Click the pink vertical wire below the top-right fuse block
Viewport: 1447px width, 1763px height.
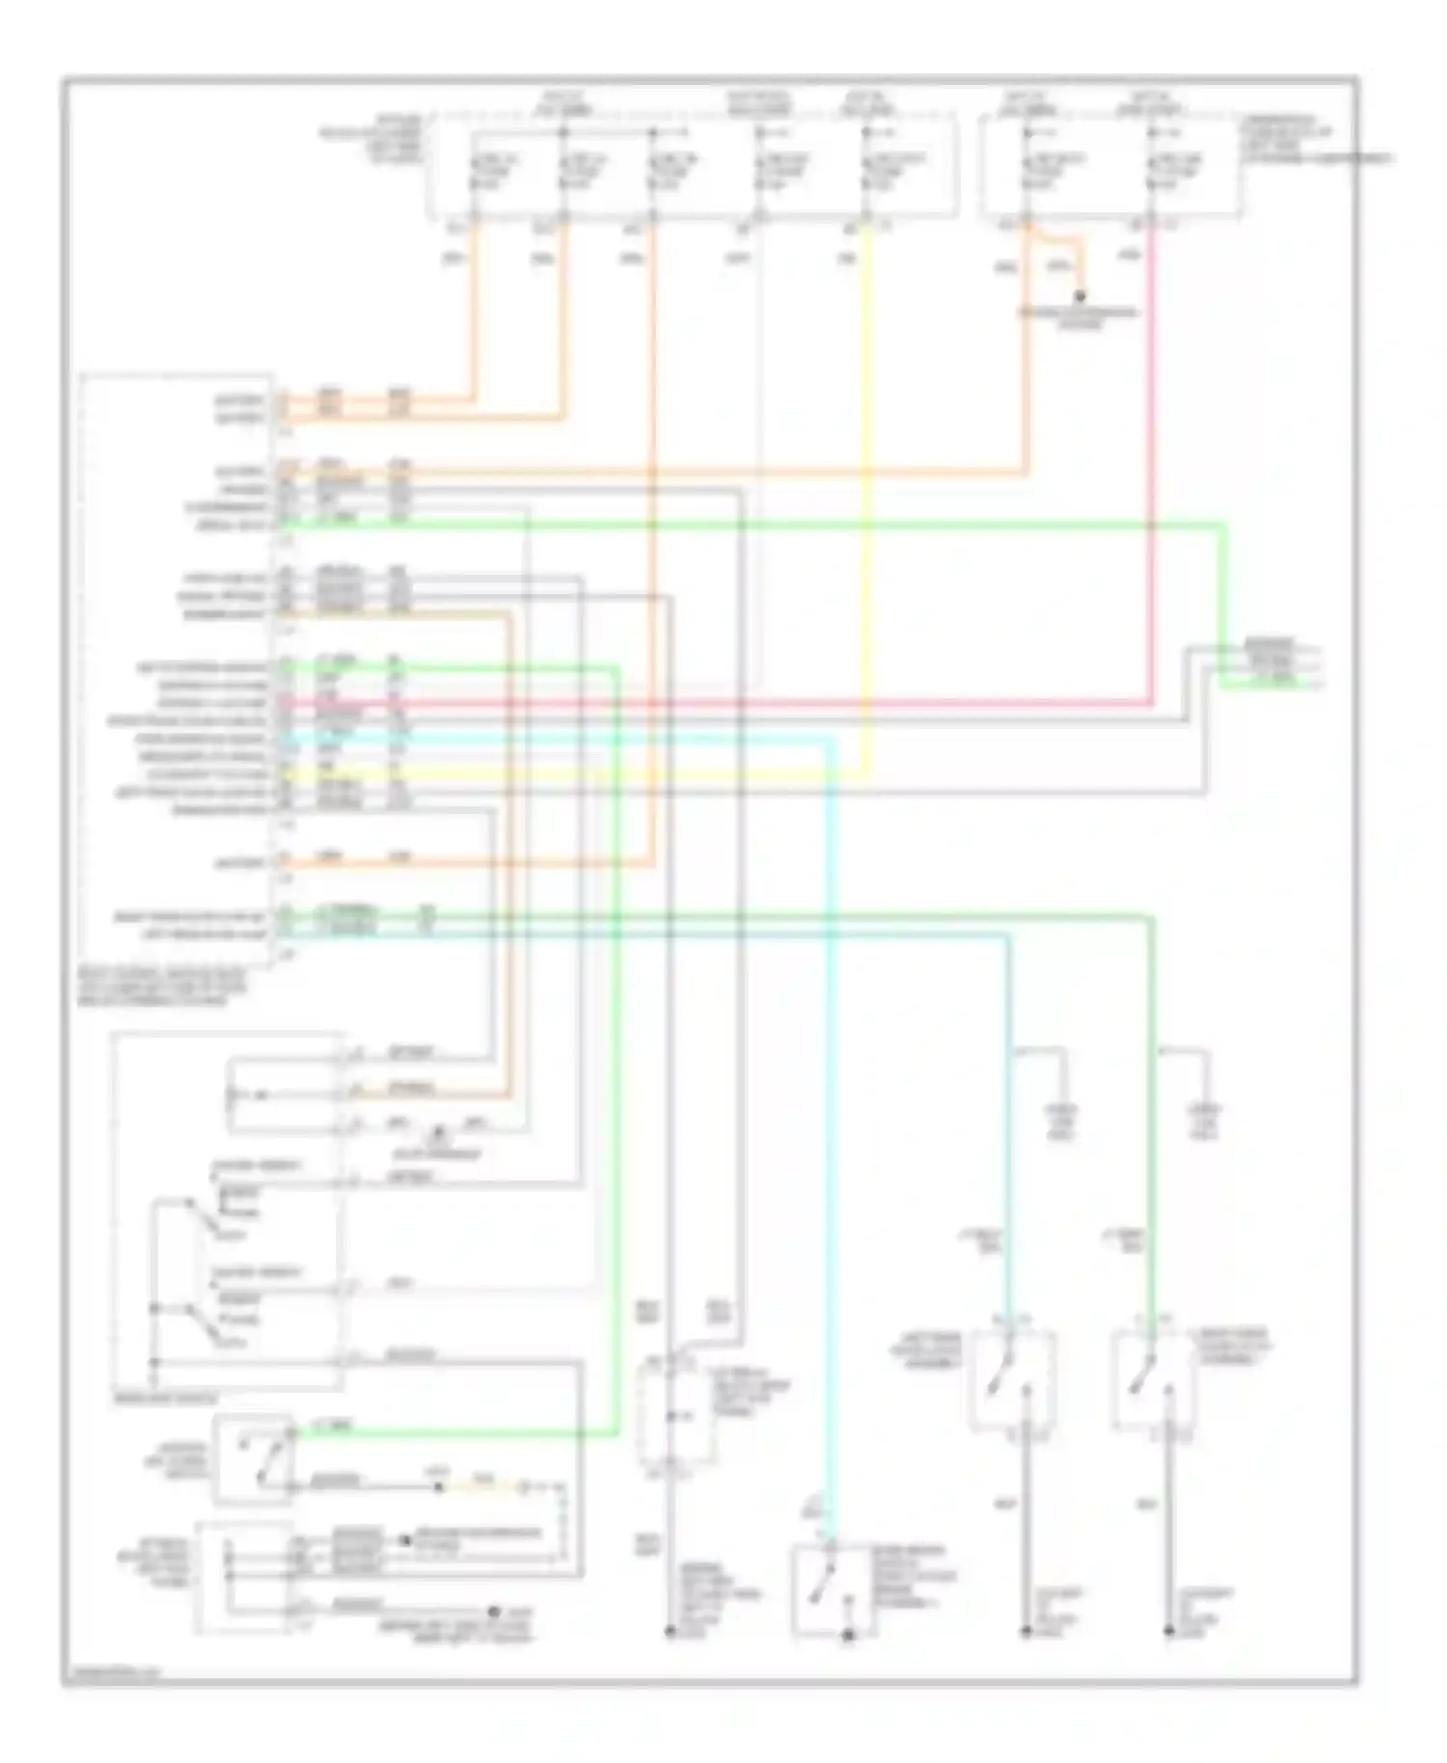[x=1151, y=463]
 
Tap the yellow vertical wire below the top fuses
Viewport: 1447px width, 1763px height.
[x=871, y=482]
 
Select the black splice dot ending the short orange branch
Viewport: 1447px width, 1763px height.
[x=1080, y=296]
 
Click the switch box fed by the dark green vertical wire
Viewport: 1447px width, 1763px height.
[x=1153, y=1380]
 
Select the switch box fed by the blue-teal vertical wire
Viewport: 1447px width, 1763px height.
[x=1013, y=1380]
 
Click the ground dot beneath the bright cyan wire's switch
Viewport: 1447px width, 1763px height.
[x=850, y=1634]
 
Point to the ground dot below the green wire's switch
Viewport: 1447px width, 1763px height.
[x=1168, y=1632]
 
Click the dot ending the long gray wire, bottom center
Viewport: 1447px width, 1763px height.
[x=669, y=1632]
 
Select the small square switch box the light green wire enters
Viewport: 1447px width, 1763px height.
[x=253, y=1460]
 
